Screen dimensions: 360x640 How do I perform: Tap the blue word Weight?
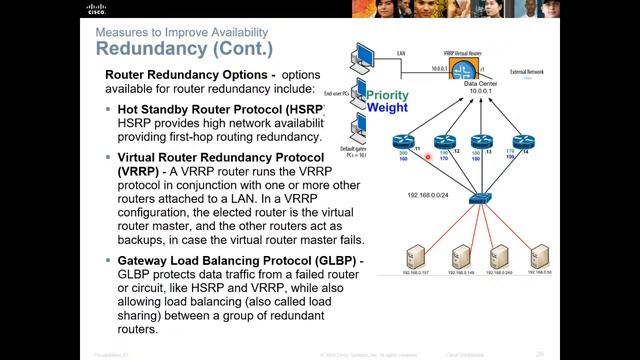[387, 107]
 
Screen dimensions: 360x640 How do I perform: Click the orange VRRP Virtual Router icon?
[462, 72]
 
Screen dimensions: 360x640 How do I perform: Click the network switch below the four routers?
[481, 199]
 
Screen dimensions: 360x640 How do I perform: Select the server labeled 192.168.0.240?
[500, 257]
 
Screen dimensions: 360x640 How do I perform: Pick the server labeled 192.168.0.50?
[541, 257]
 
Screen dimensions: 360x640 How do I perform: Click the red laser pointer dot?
[428, 157]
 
